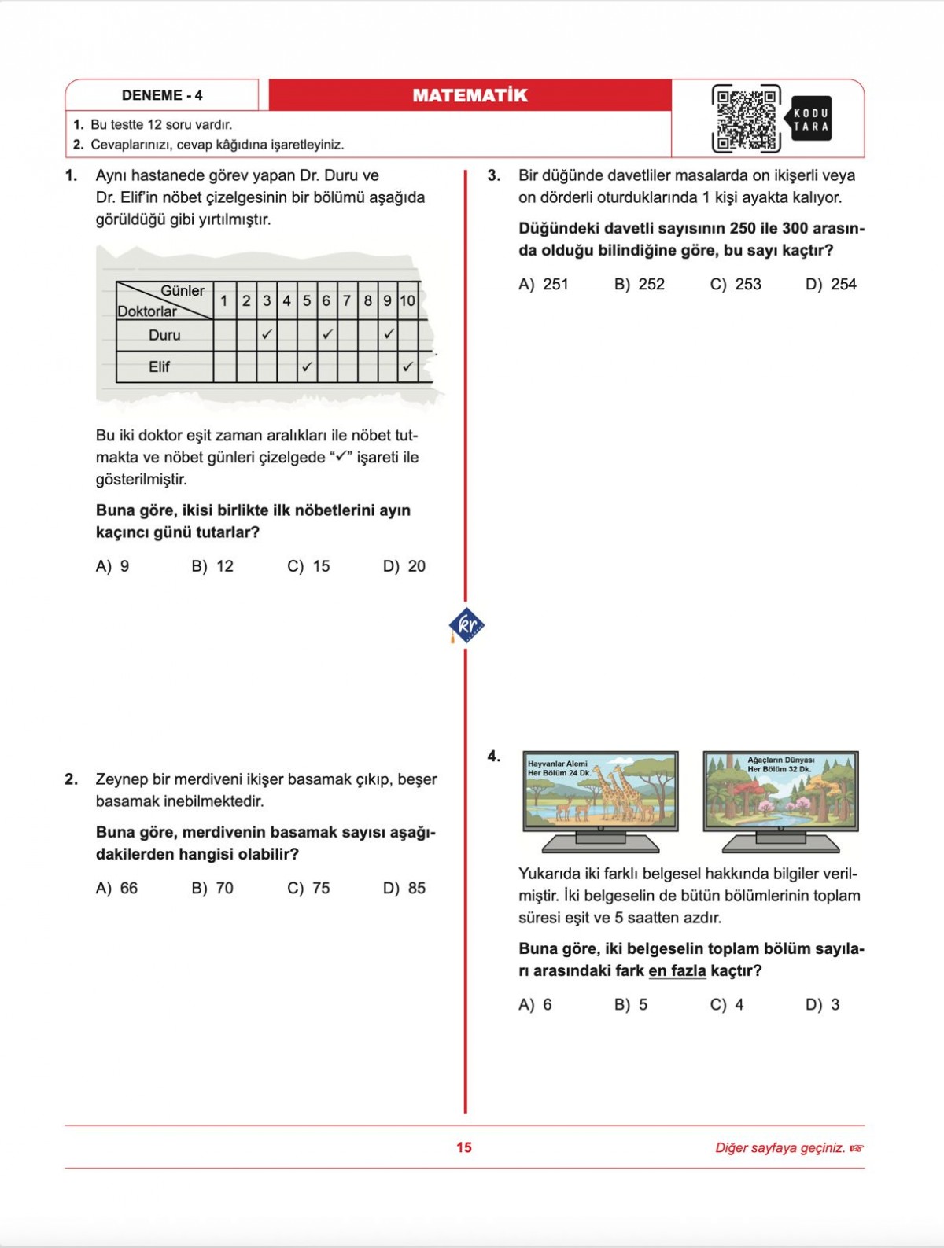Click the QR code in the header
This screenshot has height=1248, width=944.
(x=746, y=119)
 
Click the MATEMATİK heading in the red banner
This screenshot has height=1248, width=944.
(x=470, y=95)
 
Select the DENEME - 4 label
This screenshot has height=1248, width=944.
(x=162, y=95)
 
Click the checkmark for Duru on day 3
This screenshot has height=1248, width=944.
(x=267, y=334)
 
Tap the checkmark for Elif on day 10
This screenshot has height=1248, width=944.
(x=407, y=366)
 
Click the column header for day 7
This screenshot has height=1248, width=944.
(x=347, y=300)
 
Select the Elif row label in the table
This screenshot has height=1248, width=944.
(x=160, y=366)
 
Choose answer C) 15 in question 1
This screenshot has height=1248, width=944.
(x=308, y=566)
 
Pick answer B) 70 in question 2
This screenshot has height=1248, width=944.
(x=212, y=888)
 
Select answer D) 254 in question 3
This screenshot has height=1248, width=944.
(x=831, y=284)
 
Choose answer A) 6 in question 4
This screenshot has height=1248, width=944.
(x=535, y=1004)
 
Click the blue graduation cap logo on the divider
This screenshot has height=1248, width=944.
(x=466, y=626)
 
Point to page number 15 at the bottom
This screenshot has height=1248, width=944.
(x=464, y=1147)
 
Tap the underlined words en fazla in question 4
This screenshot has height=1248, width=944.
(x=677, y=970)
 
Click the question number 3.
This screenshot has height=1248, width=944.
(x=493, y=175)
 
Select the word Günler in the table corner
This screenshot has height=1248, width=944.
(x=183, y=291)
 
